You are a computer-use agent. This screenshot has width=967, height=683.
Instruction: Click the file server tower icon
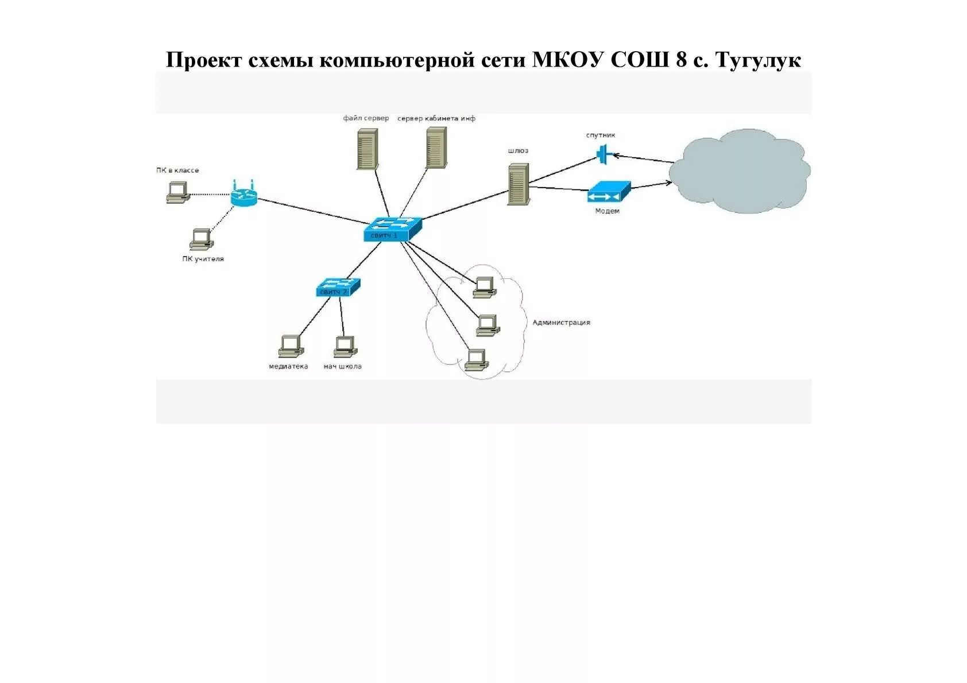coord(367,149)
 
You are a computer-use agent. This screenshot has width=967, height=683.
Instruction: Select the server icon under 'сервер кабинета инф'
coord(436,148)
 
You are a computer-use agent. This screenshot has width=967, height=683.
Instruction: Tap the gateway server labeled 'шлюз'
coord(518,184)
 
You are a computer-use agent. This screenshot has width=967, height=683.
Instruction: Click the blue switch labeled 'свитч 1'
coord(393,229)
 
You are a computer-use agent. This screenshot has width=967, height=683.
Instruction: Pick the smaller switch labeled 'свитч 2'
coord(338,287)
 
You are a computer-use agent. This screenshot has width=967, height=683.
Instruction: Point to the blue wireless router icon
coord(244,195)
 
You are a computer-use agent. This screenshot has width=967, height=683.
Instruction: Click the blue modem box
coord(609,192)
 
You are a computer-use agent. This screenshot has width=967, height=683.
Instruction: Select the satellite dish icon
coord(603,154)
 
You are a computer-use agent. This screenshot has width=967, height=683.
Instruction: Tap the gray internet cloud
coord(741,171)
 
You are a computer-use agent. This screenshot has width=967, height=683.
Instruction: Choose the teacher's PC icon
coord(202,239)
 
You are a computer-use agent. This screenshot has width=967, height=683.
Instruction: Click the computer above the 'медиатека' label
coord(291,346)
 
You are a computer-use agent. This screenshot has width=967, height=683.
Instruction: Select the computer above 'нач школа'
coord(345,346)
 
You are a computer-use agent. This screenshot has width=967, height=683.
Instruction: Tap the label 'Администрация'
coord(561,323)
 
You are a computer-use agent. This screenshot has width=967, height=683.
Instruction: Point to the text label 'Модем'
coord(607,211)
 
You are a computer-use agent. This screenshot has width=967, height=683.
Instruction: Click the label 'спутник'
coord(601,135)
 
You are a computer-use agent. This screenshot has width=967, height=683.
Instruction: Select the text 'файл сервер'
coord(366,118)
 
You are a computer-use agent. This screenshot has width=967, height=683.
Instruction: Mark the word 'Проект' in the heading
coord(204,60)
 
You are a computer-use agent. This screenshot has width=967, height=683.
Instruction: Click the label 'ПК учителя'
coord(203,259)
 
